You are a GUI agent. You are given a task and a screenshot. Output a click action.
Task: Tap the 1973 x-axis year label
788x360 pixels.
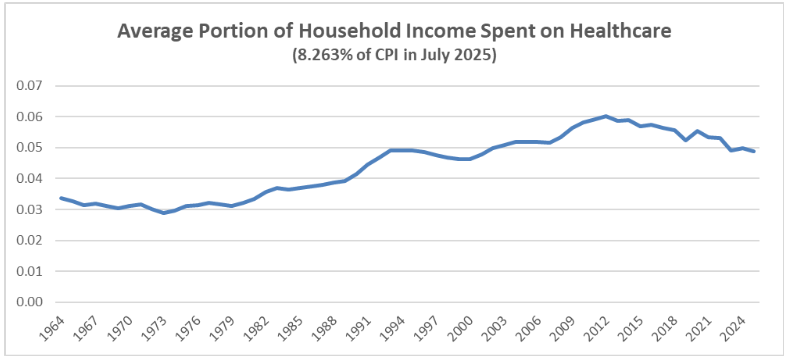(164, 327)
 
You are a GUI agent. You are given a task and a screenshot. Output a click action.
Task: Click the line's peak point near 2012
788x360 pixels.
(606, 116)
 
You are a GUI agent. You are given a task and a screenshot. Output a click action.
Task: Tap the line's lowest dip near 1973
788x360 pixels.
(164, 213)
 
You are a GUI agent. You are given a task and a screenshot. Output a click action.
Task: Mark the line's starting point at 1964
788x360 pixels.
(62, 198)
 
